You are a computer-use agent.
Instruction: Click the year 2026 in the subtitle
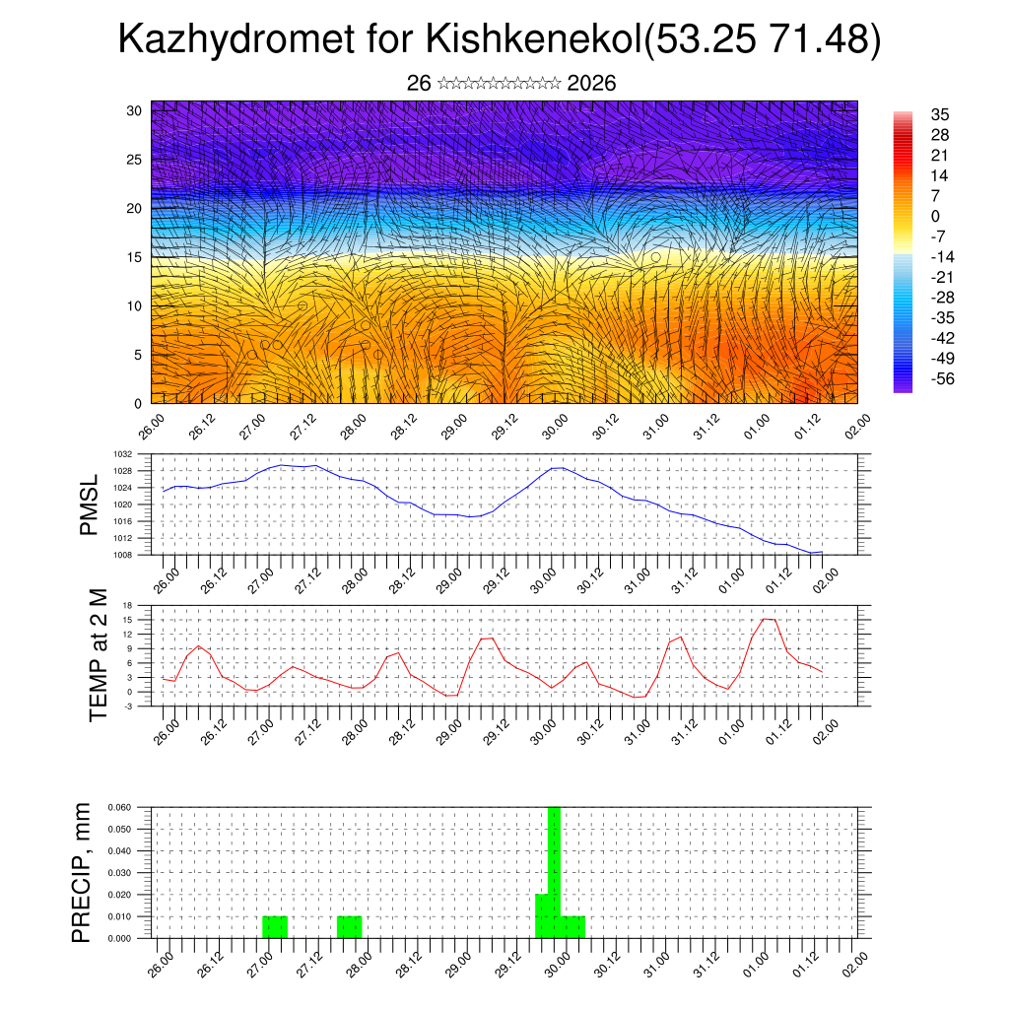tap(591, 84)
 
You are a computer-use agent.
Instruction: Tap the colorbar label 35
tap(939, 114)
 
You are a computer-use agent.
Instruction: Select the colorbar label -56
tap(943, 378)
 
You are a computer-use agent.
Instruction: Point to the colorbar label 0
tap(935, 216)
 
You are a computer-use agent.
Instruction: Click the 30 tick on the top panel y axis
tap(135, 110)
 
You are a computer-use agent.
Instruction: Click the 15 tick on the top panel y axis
tap(135, 257)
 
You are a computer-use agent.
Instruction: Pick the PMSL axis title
tap(89, 505)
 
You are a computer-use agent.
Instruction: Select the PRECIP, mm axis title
tap(83, 872)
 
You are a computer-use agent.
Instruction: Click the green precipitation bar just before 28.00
tap(350, 927)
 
